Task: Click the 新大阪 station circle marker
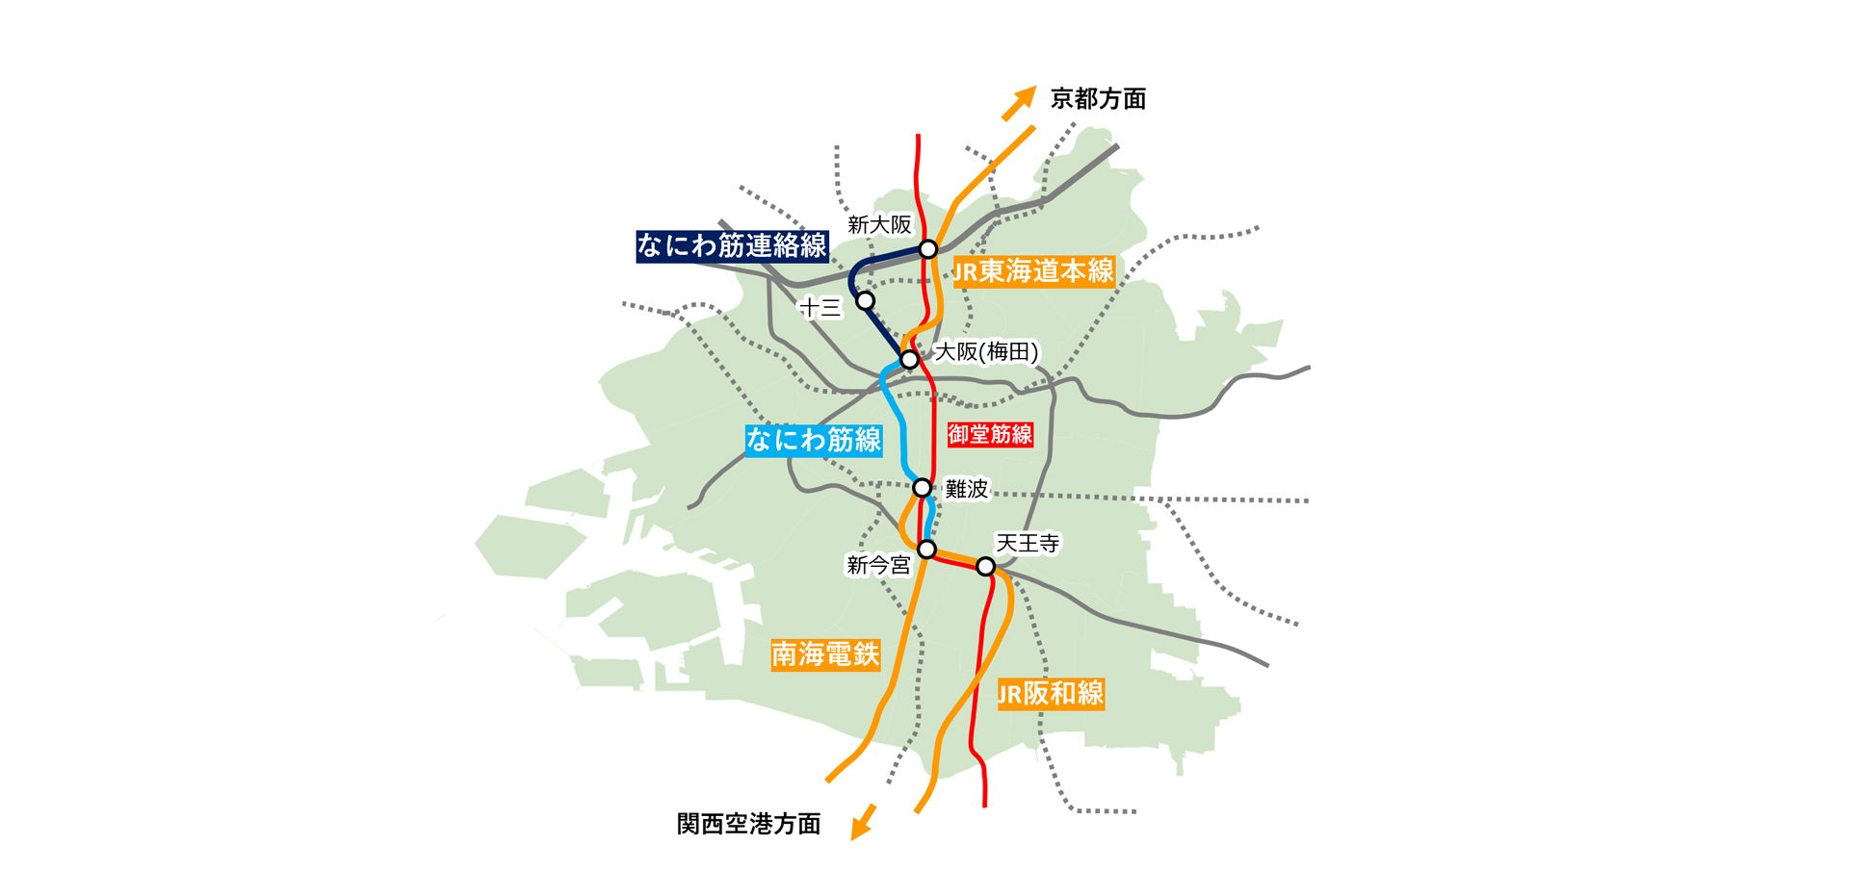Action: tap(927, 249)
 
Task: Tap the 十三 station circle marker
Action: tap(866, 301)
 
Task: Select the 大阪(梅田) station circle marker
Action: tap(909, 360)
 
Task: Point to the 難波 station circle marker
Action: tap(922, 488)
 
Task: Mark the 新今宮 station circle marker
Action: tap(926, 550)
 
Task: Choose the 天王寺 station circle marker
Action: tap(985, 567)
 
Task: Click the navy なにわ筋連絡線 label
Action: tap(732, 246)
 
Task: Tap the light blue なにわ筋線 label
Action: tap(814, 440)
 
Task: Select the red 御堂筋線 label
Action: tap(990, 435)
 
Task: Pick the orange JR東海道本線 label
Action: tap(1033, 272)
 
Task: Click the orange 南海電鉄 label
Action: tap(825, 655)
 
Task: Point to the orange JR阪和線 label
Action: tap(1051, 694)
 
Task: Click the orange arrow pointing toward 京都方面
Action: tap(1019, 103)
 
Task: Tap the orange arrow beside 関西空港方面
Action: tap(863, 823)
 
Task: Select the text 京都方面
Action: tap(1098, 99)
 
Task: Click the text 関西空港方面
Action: tap(748, 824)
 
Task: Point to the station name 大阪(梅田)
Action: tap(987, 352)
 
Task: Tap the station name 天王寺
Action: tap(1028, 544)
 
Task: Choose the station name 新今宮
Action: tap(878, 566)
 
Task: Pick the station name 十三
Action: tap(820, 308)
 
